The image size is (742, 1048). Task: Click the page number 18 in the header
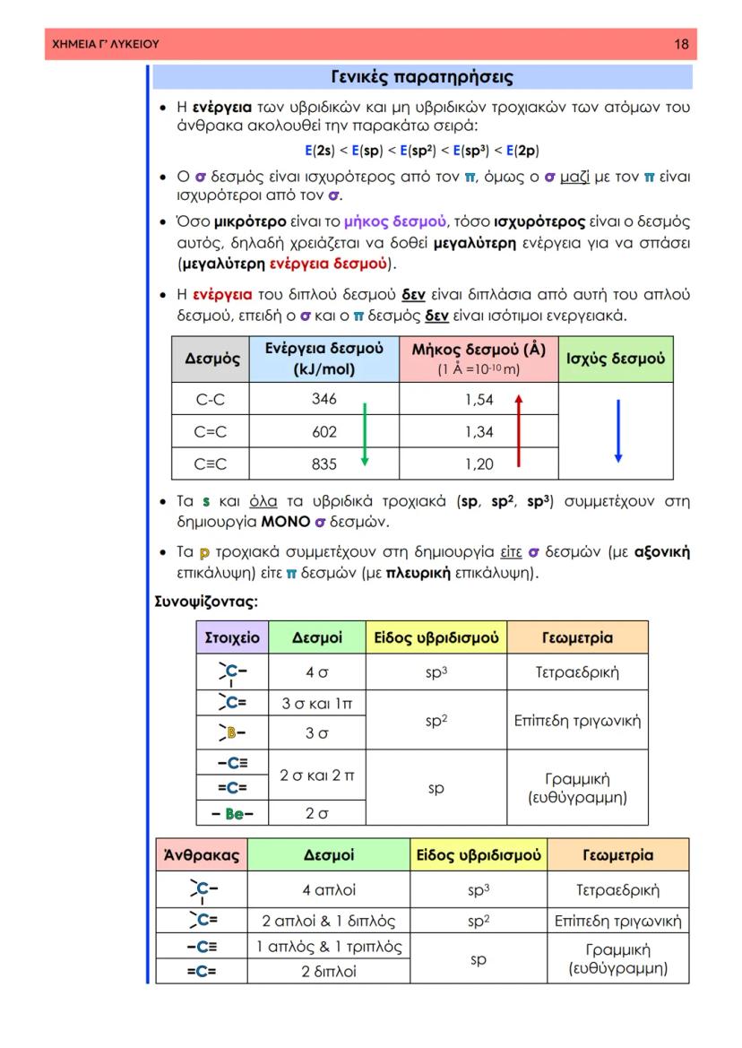click(681, 44)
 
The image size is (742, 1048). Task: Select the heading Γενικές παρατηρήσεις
click(422, 77)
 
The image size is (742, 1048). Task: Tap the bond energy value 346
click(324, 400)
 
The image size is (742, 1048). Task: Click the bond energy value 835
click(324, 464)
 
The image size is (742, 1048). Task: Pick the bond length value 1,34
click(479, 432)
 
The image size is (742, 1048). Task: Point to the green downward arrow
click(364, 434)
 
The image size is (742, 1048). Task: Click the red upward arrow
click(518, 432)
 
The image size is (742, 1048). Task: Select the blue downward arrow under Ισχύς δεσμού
click(617, 431)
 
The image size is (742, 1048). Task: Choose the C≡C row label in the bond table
click(211, 464)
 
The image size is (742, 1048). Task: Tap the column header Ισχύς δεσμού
click(616, 359)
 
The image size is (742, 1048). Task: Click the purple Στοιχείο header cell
click(232, 637)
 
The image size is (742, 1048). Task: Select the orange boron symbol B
click(230, 733)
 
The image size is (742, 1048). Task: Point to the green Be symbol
click(234, 813)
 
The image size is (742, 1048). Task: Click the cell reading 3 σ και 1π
click(317, 704)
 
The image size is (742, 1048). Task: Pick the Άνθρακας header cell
click(202, 855)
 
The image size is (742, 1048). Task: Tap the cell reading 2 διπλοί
click(329, 971)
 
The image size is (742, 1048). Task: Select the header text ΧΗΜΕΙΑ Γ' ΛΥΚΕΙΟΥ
click(106, 44)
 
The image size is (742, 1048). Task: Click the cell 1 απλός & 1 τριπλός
click(329, 946)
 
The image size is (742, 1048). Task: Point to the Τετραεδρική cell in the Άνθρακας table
click(617, 890)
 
